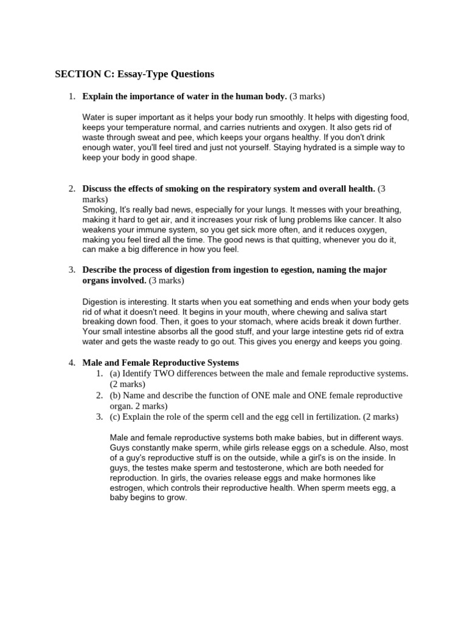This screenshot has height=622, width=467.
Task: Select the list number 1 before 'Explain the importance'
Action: tap(71, 96)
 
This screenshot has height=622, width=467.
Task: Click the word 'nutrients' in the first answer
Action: tap(274, 127)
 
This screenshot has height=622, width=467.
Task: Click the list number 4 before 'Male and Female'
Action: tap(71, 363)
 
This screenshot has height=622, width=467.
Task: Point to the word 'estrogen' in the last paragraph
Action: tap(127, 488)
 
